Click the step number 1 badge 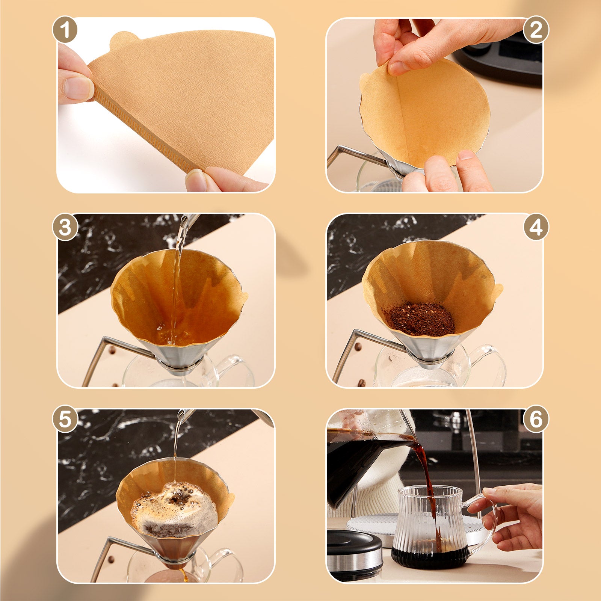65,30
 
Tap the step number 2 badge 536,30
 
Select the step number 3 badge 65,228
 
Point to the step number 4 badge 536,228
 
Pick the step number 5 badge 65,419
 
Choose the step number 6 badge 536,418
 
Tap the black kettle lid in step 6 353,541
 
